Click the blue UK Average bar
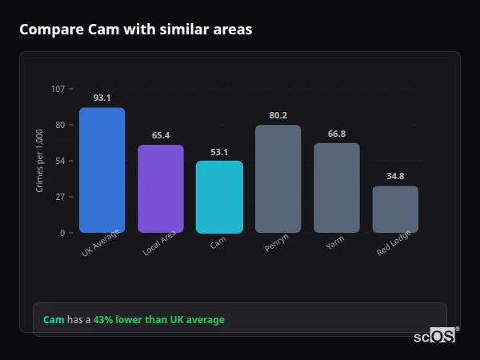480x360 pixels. click(x=102, y=170)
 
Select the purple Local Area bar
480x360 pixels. click(x=160, y=189)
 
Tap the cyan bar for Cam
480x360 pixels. click(x=219, y=197)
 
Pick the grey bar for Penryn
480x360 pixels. click(x=278, y=179)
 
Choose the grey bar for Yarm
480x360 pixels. click(x=336, y=188)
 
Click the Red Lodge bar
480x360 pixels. click(x=395, y=210)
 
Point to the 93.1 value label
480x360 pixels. click(x=102, y=98)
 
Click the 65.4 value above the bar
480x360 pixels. click(x=160, y=135)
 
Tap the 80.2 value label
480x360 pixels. click(x=278, y=115)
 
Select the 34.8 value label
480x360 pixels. click(x=395, y=176)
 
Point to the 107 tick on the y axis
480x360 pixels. click(x=58, y=89)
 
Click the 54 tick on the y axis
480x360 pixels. click(x=60, y=161)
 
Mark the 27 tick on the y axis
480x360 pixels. click(x=60, y=197)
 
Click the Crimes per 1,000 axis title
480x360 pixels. click(x=40, y=161)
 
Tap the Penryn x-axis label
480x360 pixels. click(x=276, y=244)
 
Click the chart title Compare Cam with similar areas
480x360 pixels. click(x=135, y=30)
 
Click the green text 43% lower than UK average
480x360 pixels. click(x=158, y=320)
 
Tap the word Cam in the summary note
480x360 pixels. click(x=54, y=320)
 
